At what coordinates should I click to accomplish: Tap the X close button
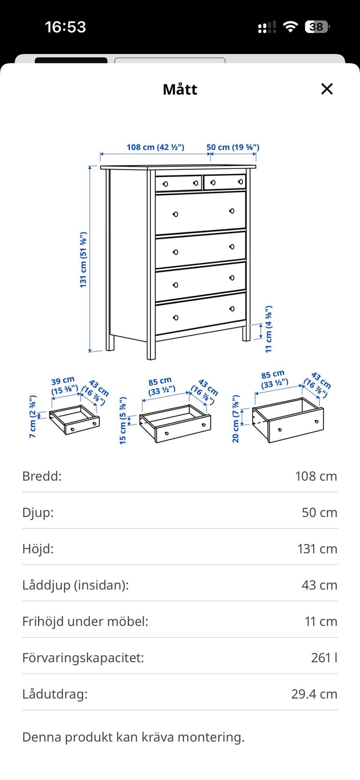point(327,89)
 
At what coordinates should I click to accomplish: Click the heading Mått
point(180,90)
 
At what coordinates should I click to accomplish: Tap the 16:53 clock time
point(66,27)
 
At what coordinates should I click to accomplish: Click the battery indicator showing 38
point(317,27)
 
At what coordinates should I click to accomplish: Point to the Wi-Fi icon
point(290,27)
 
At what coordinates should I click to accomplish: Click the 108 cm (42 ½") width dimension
point(155,147)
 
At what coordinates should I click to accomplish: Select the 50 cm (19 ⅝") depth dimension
point(233,147)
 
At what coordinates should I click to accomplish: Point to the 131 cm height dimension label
point(83,260)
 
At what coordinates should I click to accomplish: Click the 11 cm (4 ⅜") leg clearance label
point(268,329)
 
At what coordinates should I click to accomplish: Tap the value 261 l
point(324,657)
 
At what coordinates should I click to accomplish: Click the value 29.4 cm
point(314,694)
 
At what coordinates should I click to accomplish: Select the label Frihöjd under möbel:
point(85,621)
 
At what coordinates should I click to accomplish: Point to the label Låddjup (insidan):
point(75,585)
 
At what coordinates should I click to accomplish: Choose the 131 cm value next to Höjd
point(317,549)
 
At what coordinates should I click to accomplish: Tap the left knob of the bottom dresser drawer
point(175,318)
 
